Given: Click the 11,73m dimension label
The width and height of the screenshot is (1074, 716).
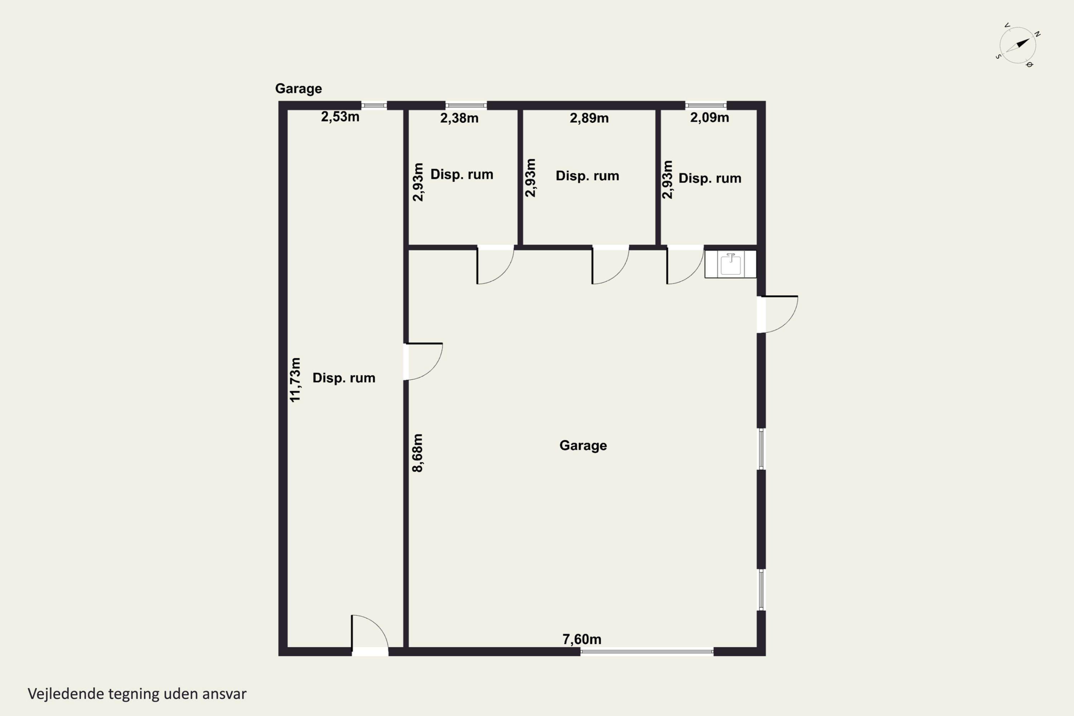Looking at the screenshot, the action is point(295,380).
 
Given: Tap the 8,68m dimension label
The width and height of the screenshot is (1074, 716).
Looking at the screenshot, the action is point(417,453).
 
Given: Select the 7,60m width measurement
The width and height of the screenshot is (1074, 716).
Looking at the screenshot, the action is point(582,639).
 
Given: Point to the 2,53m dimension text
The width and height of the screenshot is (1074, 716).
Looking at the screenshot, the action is point(340,117).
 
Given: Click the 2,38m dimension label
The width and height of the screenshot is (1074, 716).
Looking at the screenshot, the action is point(459,118).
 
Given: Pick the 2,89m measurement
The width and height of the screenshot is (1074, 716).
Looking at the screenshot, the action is point(589,118).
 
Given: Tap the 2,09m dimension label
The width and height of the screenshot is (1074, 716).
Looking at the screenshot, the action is point(710,118).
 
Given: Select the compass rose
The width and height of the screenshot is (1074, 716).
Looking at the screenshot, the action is point(1017,45).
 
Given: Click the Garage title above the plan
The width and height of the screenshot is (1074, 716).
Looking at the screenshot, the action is point(298,88).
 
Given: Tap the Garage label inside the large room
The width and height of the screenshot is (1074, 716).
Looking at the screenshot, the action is point(583,446).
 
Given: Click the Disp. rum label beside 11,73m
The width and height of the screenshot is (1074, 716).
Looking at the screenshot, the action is point(344,378).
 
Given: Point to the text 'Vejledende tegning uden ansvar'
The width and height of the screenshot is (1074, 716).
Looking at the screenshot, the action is point(137,694).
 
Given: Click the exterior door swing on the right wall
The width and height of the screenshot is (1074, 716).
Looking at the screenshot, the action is point(779,314).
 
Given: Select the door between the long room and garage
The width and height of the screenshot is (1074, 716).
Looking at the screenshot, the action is point(423,361).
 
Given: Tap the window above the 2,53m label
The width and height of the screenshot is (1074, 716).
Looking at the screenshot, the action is point(374,106).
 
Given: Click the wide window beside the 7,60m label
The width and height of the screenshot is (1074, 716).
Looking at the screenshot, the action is point(647,652).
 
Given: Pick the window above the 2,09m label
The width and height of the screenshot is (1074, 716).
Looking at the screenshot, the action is point(706,106).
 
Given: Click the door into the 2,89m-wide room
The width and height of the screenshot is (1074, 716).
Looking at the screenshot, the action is point(610,265).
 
